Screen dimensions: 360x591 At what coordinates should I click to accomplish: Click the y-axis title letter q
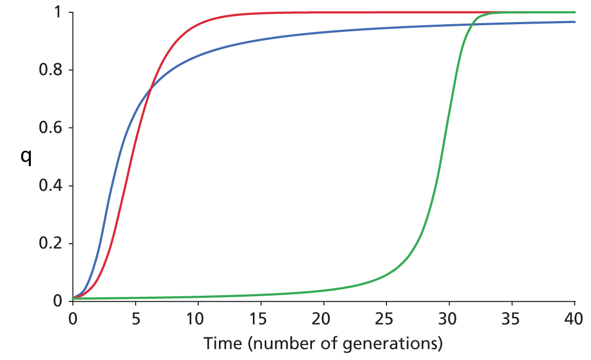pos(25,157)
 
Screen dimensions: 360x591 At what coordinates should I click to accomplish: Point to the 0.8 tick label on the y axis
pos(50,70)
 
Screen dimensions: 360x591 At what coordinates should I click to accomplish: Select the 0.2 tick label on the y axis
pos(50,244)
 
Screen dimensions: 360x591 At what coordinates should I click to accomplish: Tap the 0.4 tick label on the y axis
pos(50,186)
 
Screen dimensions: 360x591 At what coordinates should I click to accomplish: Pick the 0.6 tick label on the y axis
pos(50,128)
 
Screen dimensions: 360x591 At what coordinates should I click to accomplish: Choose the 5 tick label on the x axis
pos(136,318)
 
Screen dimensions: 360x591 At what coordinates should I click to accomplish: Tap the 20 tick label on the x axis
pos(324,318)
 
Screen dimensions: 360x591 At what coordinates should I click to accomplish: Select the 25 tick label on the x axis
pos(386,318)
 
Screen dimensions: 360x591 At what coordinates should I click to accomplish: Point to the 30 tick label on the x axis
pos(449,318)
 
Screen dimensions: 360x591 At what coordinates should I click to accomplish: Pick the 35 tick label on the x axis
pos(512,318)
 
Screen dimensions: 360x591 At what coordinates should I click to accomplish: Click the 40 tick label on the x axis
pos(574,318)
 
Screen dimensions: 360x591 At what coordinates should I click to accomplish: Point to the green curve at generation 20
pos(324,291)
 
